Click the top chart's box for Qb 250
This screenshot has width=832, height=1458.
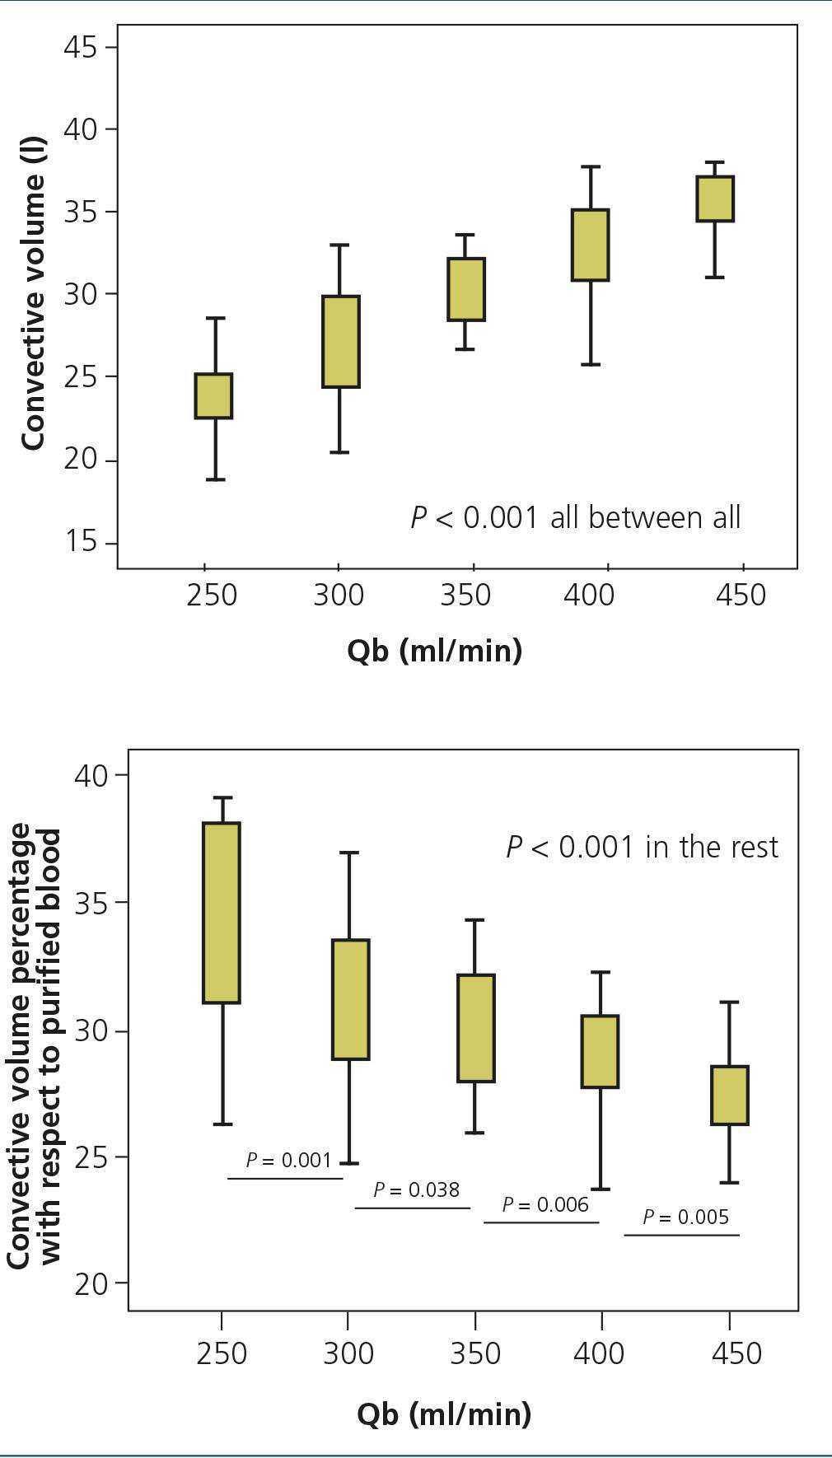(213, 396)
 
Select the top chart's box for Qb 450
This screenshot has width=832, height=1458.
(715, 199)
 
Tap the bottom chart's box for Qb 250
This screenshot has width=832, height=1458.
(222, 913)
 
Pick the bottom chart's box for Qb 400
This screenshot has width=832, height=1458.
(601, 1052)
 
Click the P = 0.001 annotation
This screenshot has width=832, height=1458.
(288, 1161)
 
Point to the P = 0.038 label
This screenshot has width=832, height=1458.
(416, 1189)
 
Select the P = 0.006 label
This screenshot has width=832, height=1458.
(545, 1205)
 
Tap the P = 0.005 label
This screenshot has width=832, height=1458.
(685, 1217)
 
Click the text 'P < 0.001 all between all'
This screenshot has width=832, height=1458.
(576, 518)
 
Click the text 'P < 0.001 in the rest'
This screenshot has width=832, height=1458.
(642, 847)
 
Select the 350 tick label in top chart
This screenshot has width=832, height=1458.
(465, 595)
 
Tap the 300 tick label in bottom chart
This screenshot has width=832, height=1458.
(348, 1353)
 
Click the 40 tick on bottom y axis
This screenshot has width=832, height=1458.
(91, 775)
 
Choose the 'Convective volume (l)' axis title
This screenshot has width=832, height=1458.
(33, 294)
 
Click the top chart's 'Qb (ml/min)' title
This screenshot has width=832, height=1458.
(434, 651)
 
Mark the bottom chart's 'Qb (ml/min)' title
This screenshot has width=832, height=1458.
(444, 1414)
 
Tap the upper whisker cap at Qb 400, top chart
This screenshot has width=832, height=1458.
(591, 166)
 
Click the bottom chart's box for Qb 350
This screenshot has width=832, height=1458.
(476, 1028)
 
